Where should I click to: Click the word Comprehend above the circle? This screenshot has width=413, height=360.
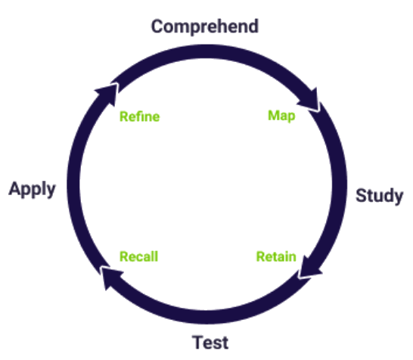pyautogui.click(x=204, y=26)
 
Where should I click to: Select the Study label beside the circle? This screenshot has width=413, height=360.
pyautogui.click(x=379, y=196)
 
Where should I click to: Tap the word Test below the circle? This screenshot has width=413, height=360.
pyautogui.click(x=210, y=342)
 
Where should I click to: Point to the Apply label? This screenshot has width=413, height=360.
pyautogui.click(x=33, y=189)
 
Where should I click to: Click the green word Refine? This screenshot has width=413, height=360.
pyautogui.click(x=139, y=117)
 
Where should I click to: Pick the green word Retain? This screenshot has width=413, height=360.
pyautogui.click(x=275, y=256)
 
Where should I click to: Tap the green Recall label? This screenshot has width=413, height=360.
pyautogui.click(x=139, y=256)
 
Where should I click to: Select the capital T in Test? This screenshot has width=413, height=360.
pyautogui.click(x=197, y=342)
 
